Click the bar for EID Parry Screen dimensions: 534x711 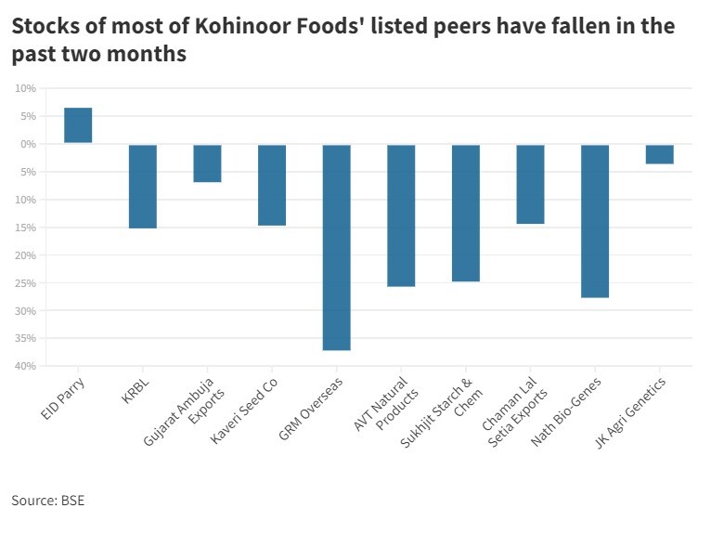coord(78,125)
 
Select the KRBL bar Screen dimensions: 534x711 coord(142,186)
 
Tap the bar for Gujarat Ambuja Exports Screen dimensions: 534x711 coord(207,163)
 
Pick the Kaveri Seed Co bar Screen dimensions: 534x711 coord(272,185)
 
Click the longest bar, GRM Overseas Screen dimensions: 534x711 coord(336,247)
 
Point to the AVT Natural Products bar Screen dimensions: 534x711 coord(401,215)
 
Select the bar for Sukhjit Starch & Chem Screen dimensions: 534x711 coord(466,213)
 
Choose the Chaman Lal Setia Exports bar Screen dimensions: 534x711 coord(530,184)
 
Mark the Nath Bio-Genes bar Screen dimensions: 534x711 coord(595,221)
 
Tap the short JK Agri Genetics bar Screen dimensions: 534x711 coord(659,154)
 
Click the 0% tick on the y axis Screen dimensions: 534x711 coord(26,144)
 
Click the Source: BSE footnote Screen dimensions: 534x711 coord(47,501)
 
